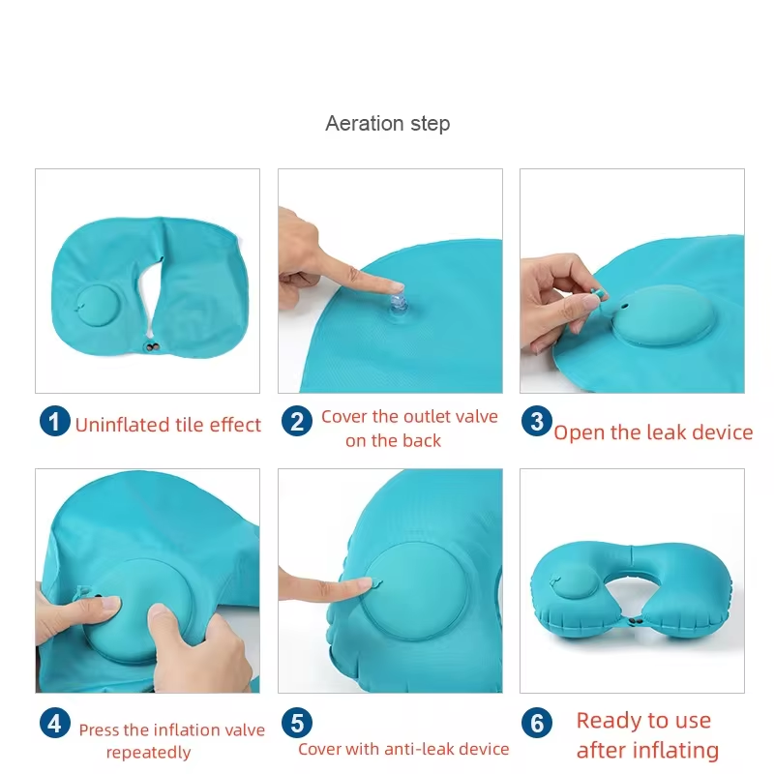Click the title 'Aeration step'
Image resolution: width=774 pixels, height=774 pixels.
point(388,124)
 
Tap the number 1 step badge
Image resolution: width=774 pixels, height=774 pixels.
point(55,421)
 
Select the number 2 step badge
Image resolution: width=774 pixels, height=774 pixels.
point(297,421)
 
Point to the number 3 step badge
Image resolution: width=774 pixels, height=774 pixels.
point(537,421)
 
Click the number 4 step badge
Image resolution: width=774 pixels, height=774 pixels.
point(55,723)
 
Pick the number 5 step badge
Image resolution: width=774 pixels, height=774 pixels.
point(297,723)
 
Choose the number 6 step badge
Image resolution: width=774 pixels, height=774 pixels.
point(537,723)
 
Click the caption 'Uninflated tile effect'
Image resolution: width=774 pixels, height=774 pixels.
point(167,425)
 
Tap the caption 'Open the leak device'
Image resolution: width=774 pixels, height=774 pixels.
point(653,432)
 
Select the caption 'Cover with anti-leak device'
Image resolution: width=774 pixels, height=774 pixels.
point(403,749)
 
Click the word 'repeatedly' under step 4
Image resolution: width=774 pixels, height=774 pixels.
point(149,753)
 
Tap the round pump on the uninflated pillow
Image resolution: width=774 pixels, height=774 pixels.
point(97,307)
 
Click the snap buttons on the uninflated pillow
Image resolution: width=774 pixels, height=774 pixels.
point(153,347)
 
